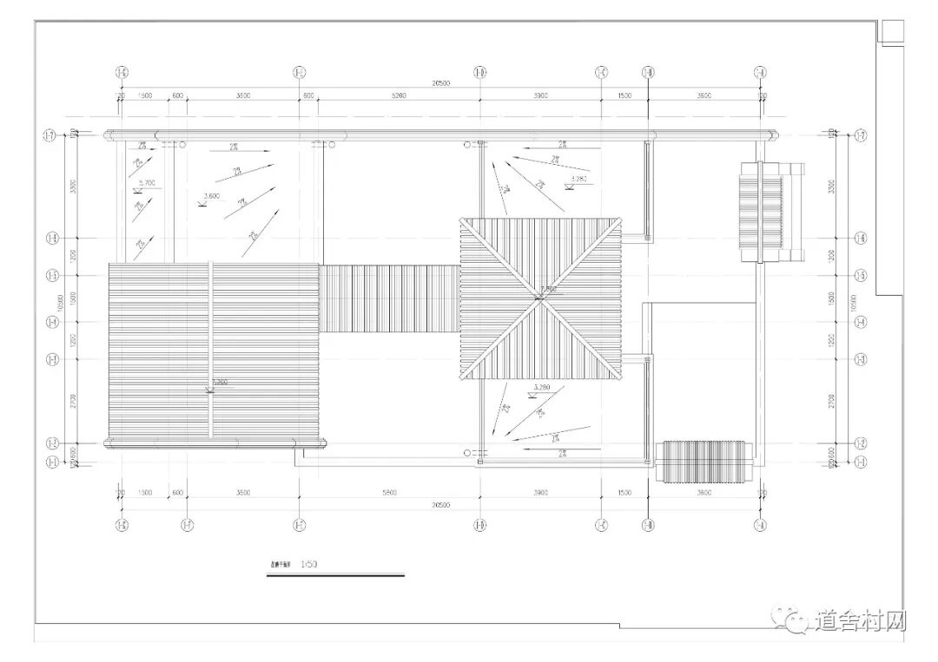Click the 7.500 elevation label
tap(548, 289)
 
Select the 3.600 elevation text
tap(211, 195)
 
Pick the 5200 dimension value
tap(398, 95)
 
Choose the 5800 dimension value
tap(389, 493)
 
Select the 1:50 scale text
tap(308, 564)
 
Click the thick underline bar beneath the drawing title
tap(335, 574)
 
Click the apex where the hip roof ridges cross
tap(540, 298)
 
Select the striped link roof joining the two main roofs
tap(389, 298)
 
